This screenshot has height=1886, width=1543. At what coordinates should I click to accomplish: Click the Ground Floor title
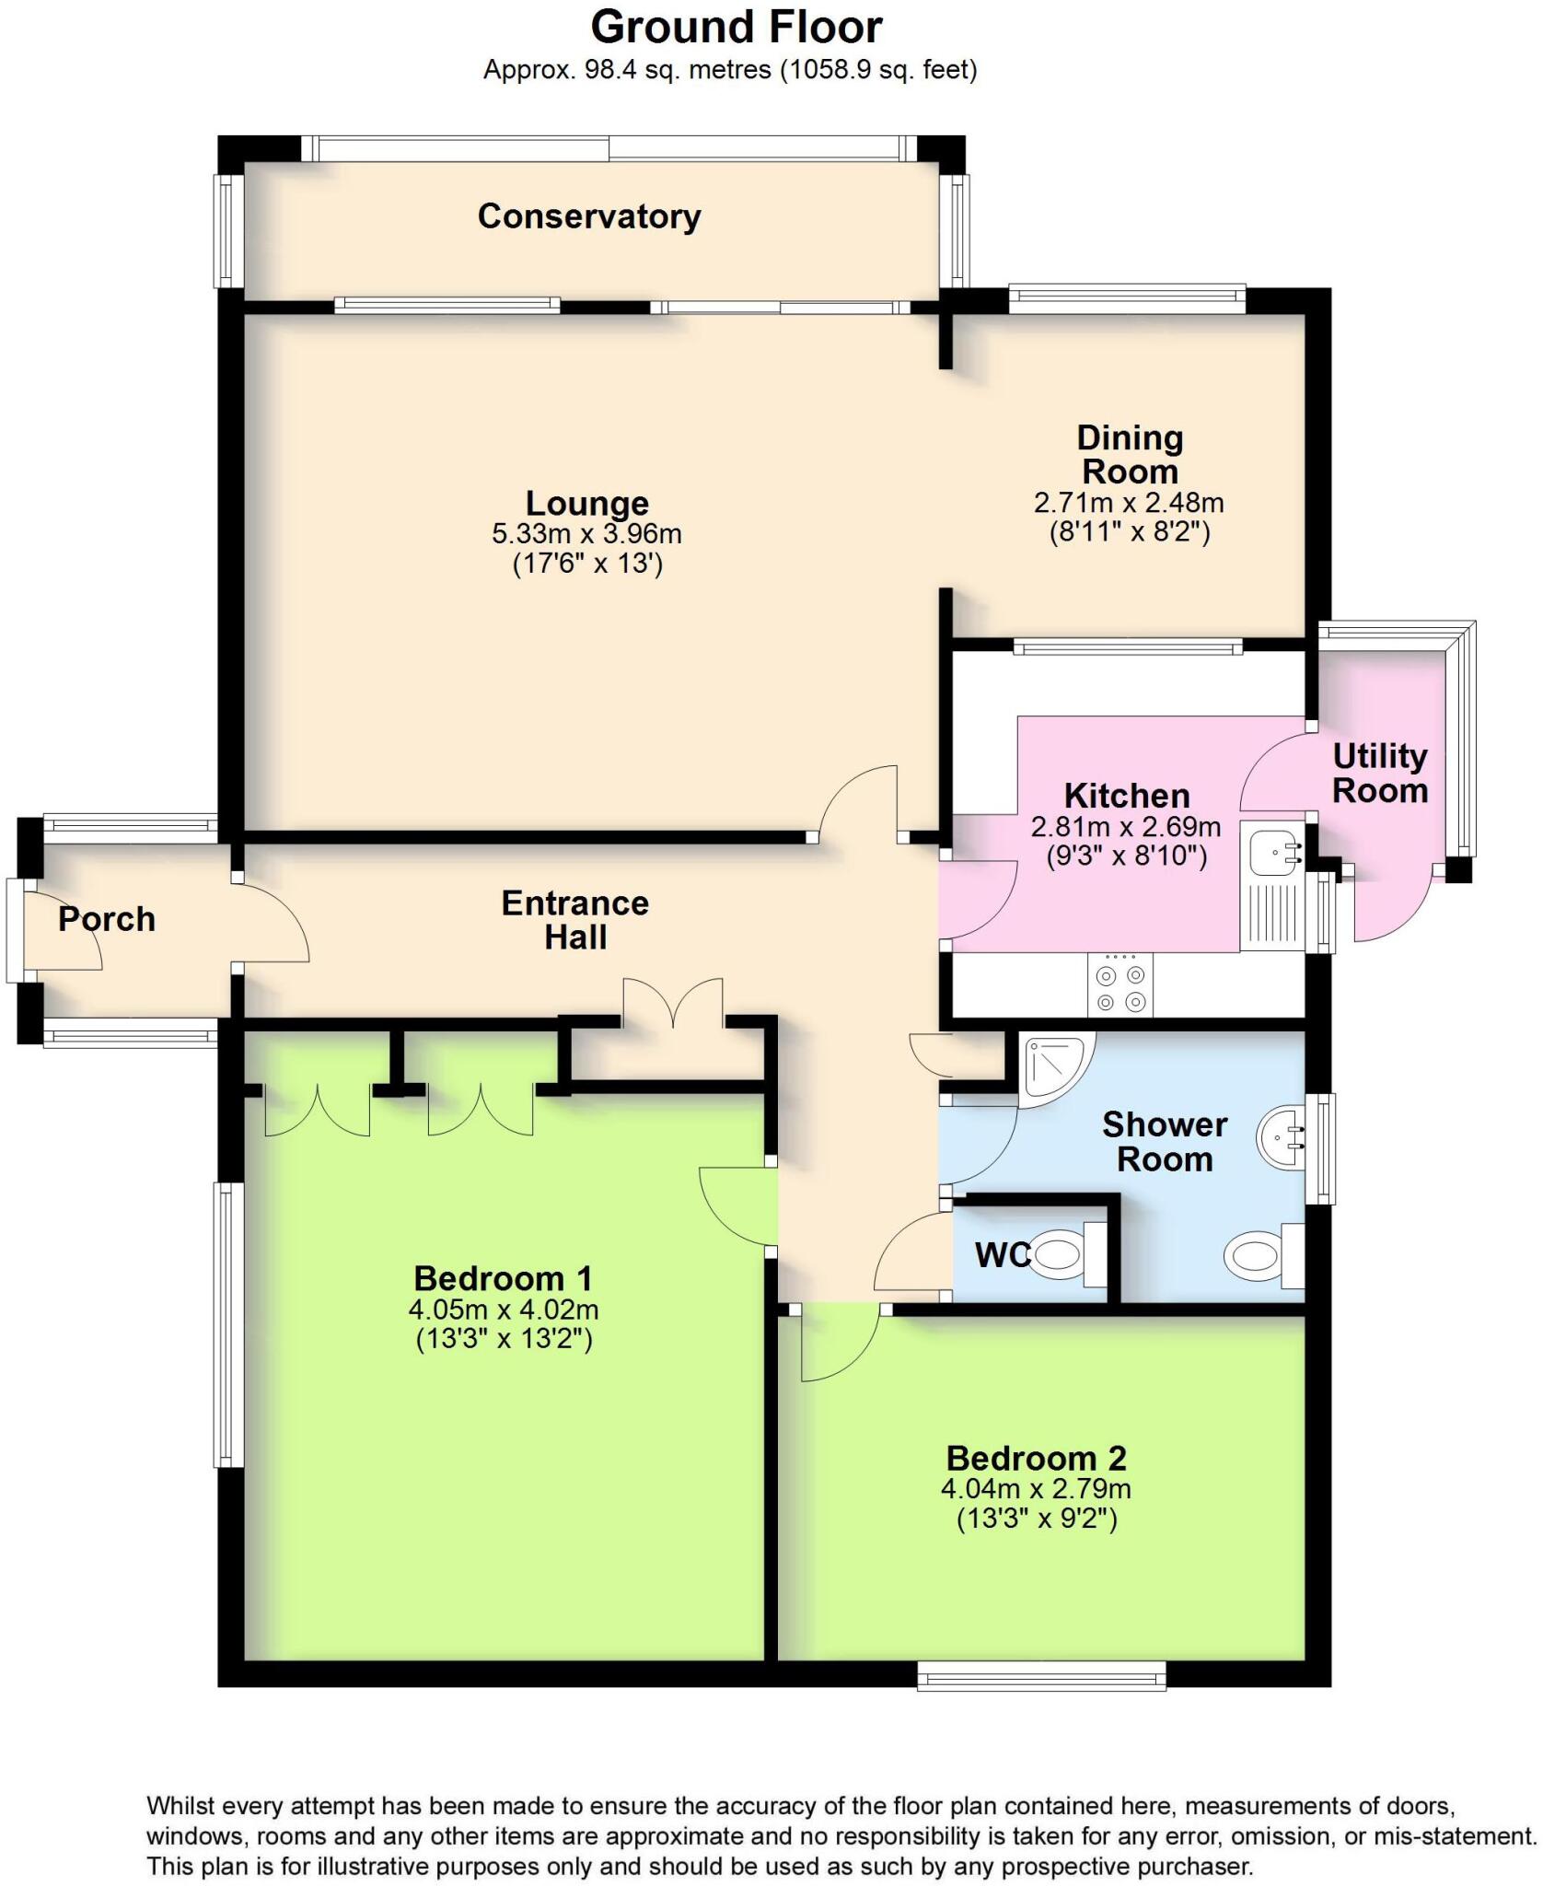click(x=736, y=28)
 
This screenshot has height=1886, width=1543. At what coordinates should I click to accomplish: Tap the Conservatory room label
click(x=589, y=216)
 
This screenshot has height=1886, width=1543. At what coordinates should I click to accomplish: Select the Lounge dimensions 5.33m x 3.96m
click(x=586, y=533)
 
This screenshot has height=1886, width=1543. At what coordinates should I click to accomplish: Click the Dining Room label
click(x=1130, y=454)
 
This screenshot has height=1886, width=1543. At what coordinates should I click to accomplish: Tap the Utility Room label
click(x=1379, y=774)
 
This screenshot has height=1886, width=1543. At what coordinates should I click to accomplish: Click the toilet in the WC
click(x=1059, y=1254)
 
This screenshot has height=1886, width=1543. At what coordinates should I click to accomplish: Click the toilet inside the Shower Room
click(x=1257, y=1254)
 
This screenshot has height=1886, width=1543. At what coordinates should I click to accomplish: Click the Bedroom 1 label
click(x=503, y=1278)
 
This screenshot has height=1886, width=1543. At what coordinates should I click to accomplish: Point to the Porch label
click(x=107, y=919)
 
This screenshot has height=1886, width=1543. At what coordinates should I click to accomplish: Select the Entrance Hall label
click(x=574, y=920)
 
